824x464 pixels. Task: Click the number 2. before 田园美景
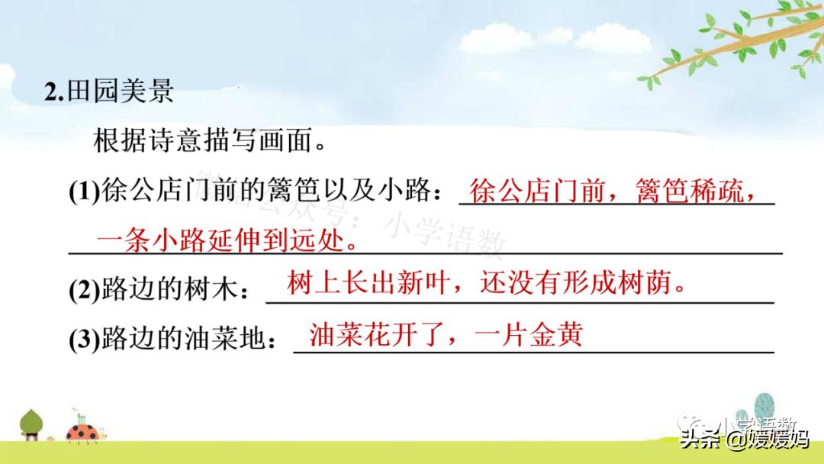click(x=56, y=92)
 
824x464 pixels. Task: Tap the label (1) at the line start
click(x=85, y=194)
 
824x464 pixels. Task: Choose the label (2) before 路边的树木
click(x=85, y=292)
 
